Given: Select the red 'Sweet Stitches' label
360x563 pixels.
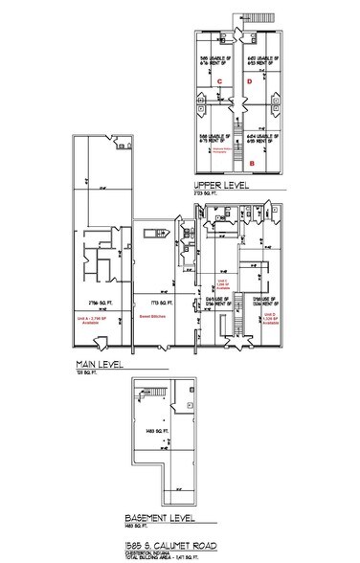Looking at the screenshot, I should coord(152,314).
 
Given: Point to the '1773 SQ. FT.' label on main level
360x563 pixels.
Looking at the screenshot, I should coord(151,300).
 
